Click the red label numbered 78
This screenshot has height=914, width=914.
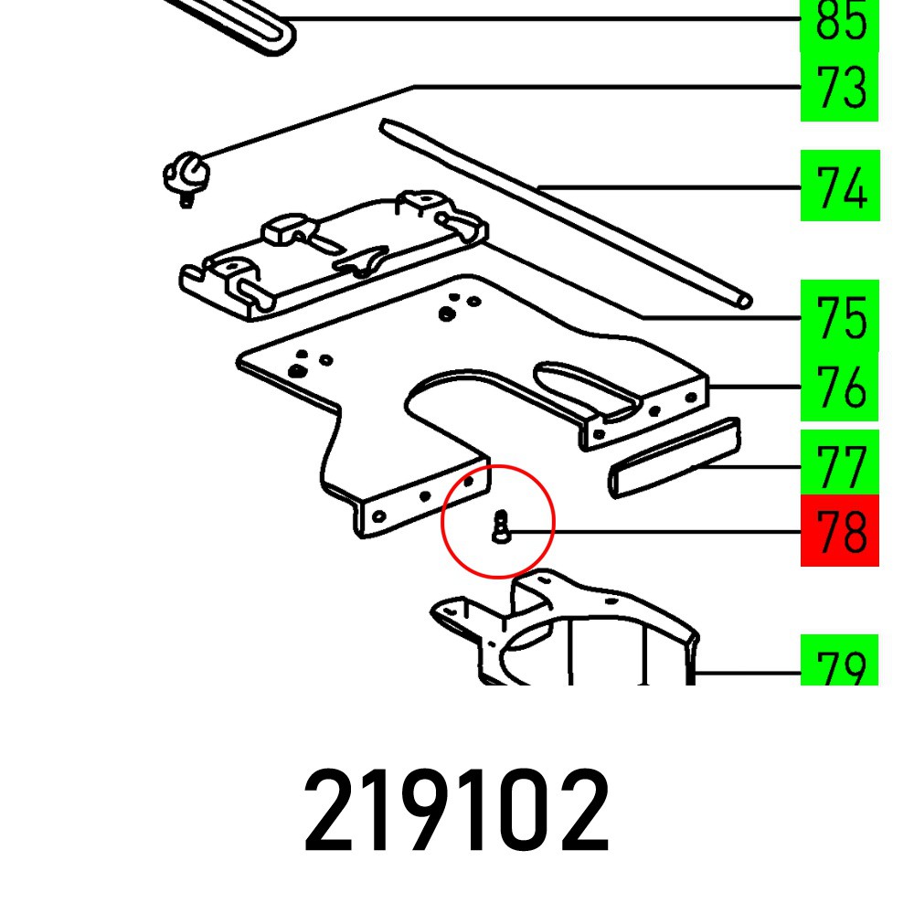[x=839, y=531]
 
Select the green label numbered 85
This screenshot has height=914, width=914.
[x=839, y=24]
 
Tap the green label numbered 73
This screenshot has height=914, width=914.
[x=839, y=88]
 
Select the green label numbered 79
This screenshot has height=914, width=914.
[x=839, y=662]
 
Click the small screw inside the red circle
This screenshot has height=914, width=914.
[x=499, y=526]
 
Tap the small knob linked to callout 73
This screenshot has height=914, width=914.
[x=186, y=173]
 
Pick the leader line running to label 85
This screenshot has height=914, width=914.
[x=548, y=19]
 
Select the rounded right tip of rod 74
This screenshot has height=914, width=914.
[x=744, y=299]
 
